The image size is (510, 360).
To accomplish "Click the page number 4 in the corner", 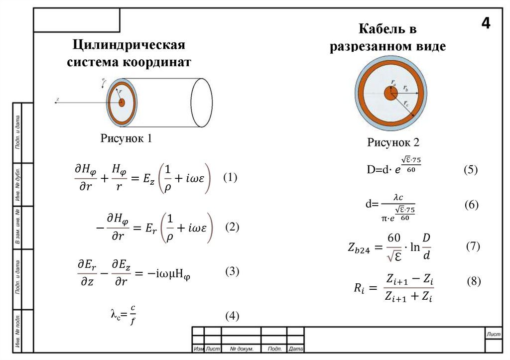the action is [486, 23].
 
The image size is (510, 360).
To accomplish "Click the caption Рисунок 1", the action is [126, 138].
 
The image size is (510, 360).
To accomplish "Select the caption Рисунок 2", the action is [393, 143].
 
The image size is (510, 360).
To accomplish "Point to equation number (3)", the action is [232, 271].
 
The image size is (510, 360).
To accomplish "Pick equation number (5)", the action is [470, 169].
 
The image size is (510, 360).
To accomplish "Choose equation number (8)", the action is [474, 281].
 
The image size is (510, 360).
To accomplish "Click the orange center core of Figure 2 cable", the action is [390, 93].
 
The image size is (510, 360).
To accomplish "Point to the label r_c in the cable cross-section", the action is [407, 104].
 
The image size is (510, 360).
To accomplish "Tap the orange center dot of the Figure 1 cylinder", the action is [122, 102].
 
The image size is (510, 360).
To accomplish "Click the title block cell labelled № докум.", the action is [241, 349].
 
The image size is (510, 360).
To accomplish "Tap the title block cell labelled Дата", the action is [296, 349].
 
